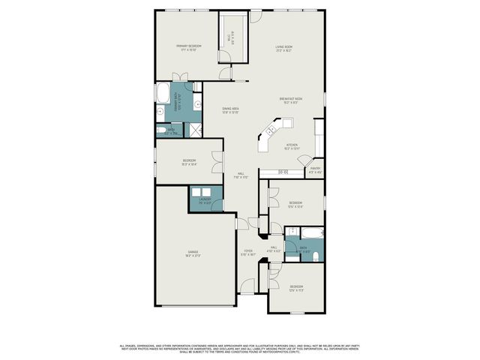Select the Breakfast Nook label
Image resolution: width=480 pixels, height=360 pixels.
pyautogui.click(x=291, y=100)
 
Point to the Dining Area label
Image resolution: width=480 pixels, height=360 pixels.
pyautogui.click(x=230, y=110)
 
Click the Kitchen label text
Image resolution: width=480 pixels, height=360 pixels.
pyautogui.click(x=292, y=147)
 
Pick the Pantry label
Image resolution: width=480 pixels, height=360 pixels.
pyautogui.click(x=316, y=170)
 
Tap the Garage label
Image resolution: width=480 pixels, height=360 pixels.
pyautogui.click(x=192, y=253)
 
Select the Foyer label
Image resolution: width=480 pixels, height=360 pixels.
pyautogui.click(x=248, y=253)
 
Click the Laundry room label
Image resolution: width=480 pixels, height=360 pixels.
pyautogui.click(x=205, y=200)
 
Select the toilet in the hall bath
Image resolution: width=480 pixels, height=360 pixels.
pyautogui.click(x=316, y=256)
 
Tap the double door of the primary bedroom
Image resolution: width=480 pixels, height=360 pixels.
pyautogui.click(x=181, y=77)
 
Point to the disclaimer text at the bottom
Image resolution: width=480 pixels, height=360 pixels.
pyautogui.click(x=240, y=348)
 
